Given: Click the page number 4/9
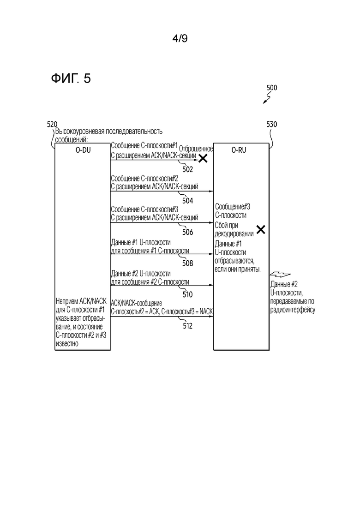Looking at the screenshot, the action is [180, 39].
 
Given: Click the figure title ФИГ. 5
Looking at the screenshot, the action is [71, 78].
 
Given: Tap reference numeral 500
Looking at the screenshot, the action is [272, 88].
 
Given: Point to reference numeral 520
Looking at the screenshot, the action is [52, 124].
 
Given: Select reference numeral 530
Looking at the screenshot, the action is [272, 124].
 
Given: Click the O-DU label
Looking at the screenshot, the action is [83, 150].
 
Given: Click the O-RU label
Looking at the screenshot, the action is [239, 150].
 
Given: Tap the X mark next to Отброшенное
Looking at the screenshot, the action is [203, 158].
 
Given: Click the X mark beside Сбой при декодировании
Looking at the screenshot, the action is [261, 229].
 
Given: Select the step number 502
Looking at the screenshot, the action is [188, 169].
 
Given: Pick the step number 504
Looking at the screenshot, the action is [188, 201].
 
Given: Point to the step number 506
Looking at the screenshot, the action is [188, 232].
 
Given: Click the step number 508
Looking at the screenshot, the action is [188, 263].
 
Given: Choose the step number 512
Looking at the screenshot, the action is [188, 326].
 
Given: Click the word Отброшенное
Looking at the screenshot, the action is [196, 149].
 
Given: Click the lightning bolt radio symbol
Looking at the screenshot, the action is [280, 275].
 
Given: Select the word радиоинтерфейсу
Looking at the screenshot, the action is [293, 310].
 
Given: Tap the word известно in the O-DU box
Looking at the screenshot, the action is [67, 344].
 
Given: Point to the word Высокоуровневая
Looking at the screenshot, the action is [80, 132].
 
